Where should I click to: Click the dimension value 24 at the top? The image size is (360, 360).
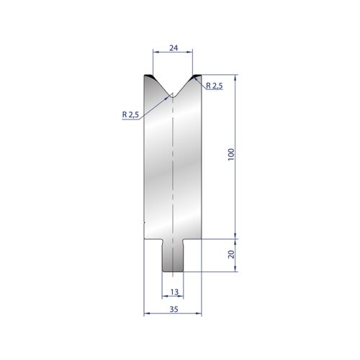tap(174, 48)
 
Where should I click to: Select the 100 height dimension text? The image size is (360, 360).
tap(231, 155)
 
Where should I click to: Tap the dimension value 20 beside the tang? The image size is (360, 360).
tap(231, 254)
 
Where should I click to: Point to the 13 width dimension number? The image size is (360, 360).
tap(174, 292)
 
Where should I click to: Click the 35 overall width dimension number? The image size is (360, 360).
tap(174, 309)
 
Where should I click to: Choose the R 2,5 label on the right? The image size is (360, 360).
tap(215, 85)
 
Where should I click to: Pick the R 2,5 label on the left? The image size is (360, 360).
tap(130, 114)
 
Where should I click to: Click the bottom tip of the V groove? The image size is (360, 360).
tap(173, 96)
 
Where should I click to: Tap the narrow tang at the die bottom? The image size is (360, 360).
tap(173, 256)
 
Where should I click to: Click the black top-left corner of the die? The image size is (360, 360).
tap(149, 76)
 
